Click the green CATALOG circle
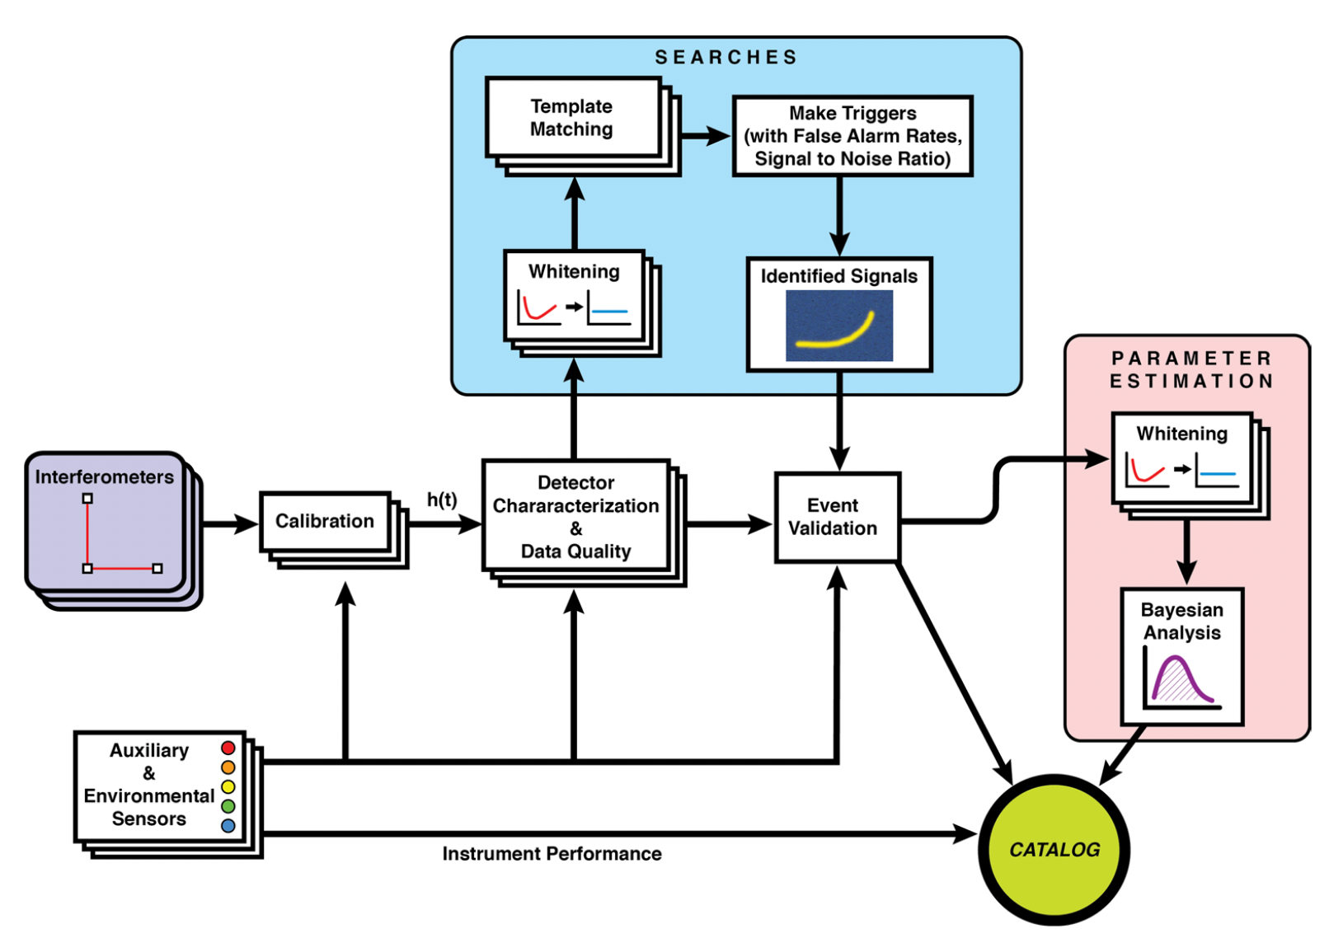coord(1054,850)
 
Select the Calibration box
coord(325,521)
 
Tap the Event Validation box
coord(837,517)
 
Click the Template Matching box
coord(572,118)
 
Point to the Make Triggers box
coord(852,136)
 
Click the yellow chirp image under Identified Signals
coord(838,326)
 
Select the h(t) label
coord(442,500)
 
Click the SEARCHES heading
coord(726,58)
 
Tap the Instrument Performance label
coord(552,854)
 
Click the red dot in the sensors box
coord(228,748)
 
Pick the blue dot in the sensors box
coord(228,825)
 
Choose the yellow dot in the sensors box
coord(228,786)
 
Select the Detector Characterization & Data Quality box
coord(575,516)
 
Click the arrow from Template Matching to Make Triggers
coord(706,136)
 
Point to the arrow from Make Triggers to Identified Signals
coord(839,216)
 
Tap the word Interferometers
coord(104,477)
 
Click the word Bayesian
coord(1181,610)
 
